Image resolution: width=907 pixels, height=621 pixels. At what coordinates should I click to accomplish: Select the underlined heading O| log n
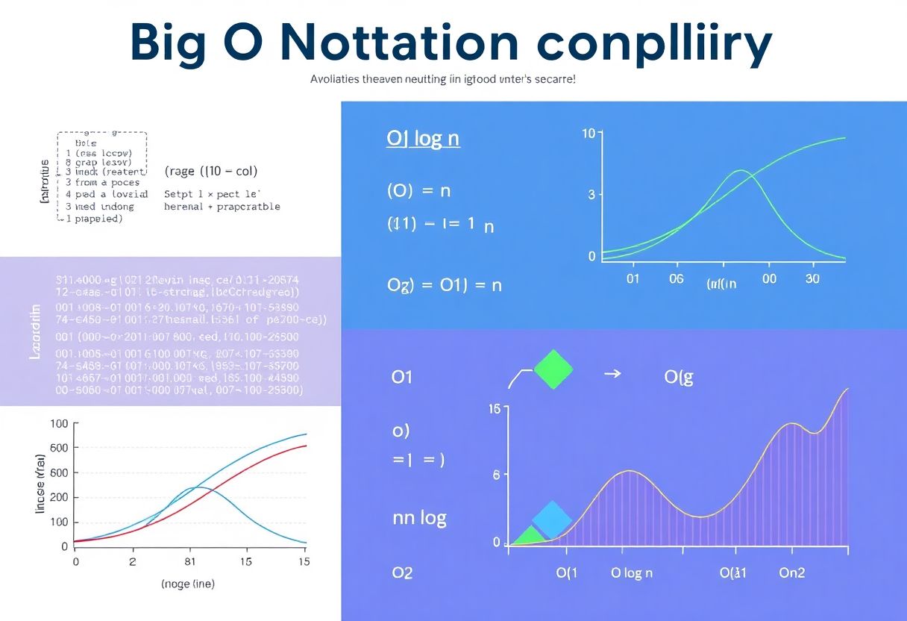[x=423, y=140]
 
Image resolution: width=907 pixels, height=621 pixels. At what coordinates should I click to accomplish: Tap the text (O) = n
[x=418, y=190]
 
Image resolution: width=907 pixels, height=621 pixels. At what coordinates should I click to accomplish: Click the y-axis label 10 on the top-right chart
[x=588, y=134]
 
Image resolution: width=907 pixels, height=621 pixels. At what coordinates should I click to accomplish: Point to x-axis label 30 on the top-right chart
[x=812, y=278]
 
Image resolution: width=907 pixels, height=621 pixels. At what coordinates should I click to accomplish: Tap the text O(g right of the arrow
[x=679, y=377]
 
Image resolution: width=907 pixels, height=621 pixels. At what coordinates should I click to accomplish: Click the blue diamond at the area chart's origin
[x=552, y=520]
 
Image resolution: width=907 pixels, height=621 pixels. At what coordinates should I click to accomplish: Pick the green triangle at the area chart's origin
[x=529, y=534]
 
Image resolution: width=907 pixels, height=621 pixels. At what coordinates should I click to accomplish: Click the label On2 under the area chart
[x=791, y=573]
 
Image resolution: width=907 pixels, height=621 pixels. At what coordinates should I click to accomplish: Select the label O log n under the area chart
[x=632, y=573]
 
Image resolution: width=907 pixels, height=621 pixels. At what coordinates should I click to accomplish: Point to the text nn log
[x=419, y=517]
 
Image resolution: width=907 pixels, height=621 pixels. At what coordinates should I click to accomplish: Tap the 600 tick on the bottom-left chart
[x=58, y=448]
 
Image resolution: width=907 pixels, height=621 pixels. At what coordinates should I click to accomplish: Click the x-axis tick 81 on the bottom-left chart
[x=189, y=561]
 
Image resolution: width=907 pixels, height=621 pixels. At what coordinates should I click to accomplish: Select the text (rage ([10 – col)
[x=210, y=171]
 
